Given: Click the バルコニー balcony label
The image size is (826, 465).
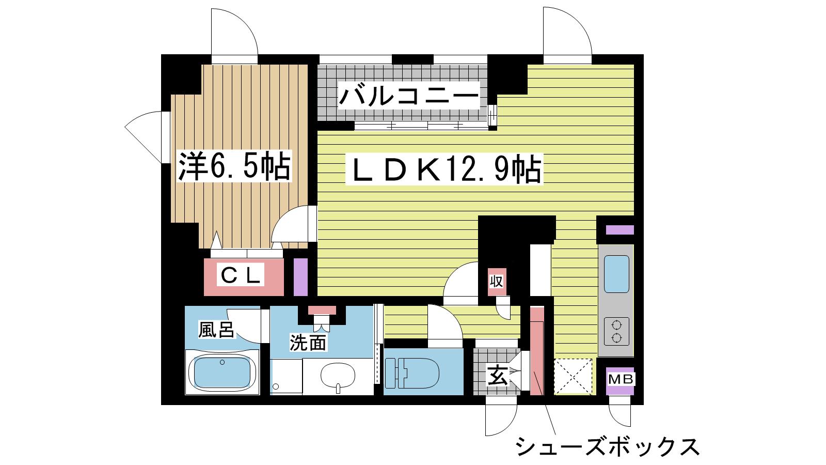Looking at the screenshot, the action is (x=409, y=96).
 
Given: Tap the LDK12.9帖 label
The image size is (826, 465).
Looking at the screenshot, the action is (x=444, y=169).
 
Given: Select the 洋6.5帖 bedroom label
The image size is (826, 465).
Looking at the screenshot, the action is (x=234, y=166).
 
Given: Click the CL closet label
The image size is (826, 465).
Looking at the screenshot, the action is (x=241, y=275).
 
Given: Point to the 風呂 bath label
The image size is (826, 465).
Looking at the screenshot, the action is (x=216, y=330).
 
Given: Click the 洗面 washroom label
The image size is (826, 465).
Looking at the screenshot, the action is (x=308, y=343).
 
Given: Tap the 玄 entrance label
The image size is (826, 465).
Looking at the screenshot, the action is (x=498, y=375).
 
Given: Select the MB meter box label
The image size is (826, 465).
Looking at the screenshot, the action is (x=620, y=379).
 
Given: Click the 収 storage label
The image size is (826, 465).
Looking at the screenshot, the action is (x=496, y=282).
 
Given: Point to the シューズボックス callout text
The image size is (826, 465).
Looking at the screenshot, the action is (x=606, y=446).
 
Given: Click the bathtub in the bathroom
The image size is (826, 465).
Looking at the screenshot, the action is (x=223, y=373).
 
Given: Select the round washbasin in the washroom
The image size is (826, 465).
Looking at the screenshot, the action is (x=338, y=376).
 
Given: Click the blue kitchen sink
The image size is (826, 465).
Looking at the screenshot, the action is (x=616, y=274).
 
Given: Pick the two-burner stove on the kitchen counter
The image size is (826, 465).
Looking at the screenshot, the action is (x=616, y=331).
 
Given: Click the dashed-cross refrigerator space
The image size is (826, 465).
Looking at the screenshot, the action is (x=573, y=377).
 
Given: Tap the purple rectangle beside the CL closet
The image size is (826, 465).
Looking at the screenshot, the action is (x=300, y=277).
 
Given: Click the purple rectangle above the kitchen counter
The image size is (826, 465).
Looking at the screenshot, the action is (x=620, y=230).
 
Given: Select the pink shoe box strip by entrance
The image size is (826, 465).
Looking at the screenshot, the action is (x=537, y=351).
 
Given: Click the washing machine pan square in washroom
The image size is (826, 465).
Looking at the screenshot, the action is (x=286, y=377).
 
